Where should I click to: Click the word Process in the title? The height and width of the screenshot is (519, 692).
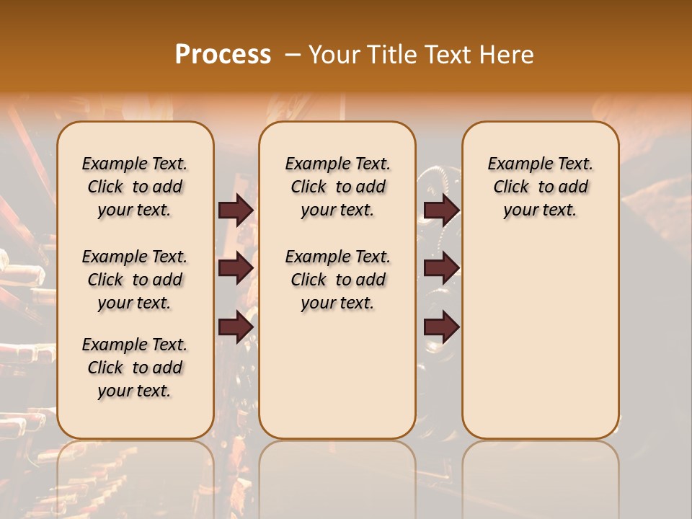[x=223, y=55]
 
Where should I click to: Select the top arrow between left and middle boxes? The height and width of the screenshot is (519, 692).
[x=236, y=210]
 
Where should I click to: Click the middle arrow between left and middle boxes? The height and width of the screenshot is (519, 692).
[x=236, y=268]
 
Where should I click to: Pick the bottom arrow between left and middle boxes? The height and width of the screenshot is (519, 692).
[x=236, y=327]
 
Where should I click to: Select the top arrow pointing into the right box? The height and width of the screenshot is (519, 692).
[x=441, y=210]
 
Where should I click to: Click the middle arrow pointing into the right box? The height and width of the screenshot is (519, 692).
[x=441, y=268]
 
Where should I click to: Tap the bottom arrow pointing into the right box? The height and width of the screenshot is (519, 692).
[x=441, y=327]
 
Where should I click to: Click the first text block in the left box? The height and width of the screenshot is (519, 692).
[x=135, y=187]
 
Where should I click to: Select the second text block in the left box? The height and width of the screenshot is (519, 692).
[x=135, y=280]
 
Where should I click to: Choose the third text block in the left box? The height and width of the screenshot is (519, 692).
[x=135, y=368]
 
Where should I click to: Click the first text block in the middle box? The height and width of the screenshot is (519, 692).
[x=337, y=187]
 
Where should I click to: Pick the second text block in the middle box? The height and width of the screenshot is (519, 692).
[x=337, y=280]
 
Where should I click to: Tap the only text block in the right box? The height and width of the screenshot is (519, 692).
[x=540, y=187]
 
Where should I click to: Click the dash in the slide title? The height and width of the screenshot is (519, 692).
[x=292, y=55]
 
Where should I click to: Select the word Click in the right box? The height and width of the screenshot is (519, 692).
[x=511, y=187]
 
